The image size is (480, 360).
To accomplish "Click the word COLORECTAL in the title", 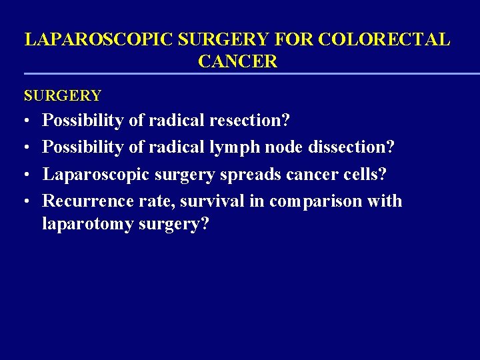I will [x=384, y=39].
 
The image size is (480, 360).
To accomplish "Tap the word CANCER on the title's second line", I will [x=237, y=62].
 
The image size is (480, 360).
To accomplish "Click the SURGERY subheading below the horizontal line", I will [x=63, y=96].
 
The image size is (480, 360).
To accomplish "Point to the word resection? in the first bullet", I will [x=249, y=121].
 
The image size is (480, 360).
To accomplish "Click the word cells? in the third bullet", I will [x=364, y=174].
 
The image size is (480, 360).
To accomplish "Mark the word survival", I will [x=214, y=201].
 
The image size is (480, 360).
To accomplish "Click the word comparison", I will [x=315, y=201].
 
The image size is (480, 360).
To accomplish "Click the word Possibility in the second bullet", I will [x=83, y=147].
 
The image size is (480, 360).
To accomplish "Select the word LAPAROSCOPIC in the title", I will [x=99, y=39].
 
